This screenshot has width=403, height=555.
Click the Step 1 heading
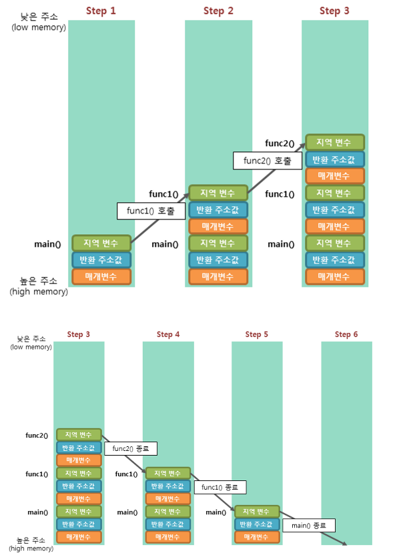click(101, 11)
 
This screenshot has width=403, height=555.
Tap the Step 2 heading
click(218, 11)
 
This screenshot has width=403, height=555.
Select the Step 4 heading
click(168, 334)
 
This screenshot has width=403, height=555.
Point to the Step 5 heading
click(257, 334)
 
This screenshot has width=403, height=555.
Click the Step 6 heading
click(346, 334)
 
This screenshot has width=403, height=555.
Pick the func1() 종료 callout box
click(220, 487)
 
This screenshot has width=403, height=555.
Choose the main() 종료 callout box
click(309, 526)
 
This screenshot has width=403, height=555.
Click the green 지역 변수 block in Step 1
click(101, 243)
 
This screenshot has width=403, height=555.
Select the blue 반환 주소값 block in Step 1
click(101, 260)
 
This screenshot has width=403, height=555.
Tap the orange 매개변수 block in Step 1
click(101, 276)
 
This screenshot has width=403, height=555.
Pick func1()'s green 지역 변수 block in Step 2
click(218, 193)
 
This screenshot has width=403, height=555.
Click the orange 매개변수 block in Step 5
click(257, 537)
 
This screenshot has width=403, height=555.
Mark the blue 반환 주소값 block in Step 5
click(257, 524)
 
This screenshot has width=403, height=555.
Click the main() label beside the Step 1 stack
click(48, 244)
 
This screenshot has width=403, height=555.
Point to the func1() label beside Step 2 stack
click(164, 194)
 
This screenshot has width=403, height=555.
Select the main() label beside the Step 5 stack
click(216, 512)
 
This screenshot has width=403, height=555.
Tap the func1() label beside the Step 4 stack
click(127, 474)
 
